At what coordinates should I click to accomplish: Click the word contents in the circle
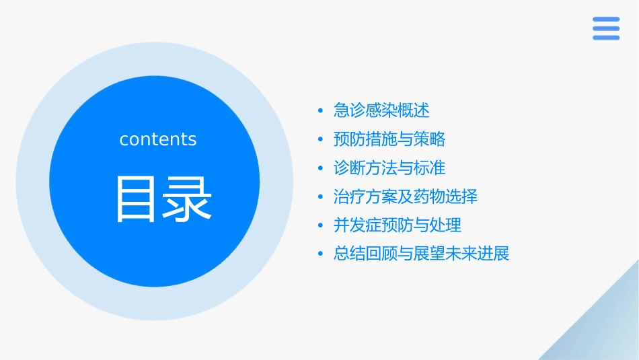pos(158,139)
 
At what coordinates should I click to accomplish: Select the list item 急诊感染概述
pos(381,110)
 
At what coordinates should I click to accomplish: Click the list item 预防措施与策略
pos(389,139)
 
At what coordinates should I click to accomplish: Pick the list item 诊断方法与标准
pos(389,168)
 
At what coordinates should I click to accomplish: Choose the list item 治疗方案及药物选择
pos(406,197)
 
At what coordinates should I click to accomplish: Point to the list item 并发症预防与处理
pos(398,225)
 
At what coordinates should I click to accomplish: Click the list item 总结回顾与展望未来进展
pos(422,254)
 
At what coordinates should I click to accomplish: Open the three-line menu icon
pos(606,28)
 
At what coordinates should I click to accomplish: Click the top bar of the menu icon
pos(606,20)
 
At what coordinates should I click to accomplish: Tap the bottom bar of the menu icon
pos(606,38)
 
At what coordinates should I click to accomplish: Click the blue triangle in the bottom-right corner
pos(605,330)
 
